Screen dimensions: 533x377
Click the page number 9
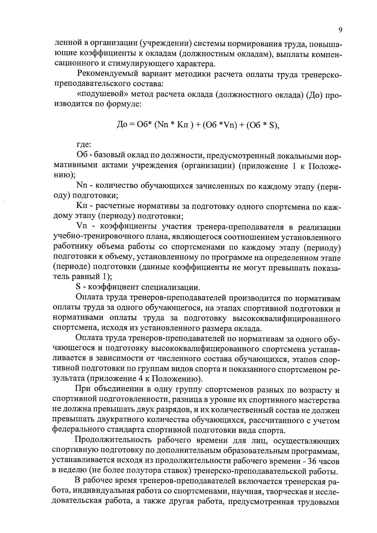point(340,30)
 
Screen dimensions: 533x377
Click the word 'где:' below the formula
point(84,145)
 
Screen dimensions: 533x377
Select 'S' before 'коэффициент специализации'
point(78,287)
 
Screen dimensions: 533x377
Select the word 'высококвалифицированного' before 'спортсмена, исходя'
point(286,318)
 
